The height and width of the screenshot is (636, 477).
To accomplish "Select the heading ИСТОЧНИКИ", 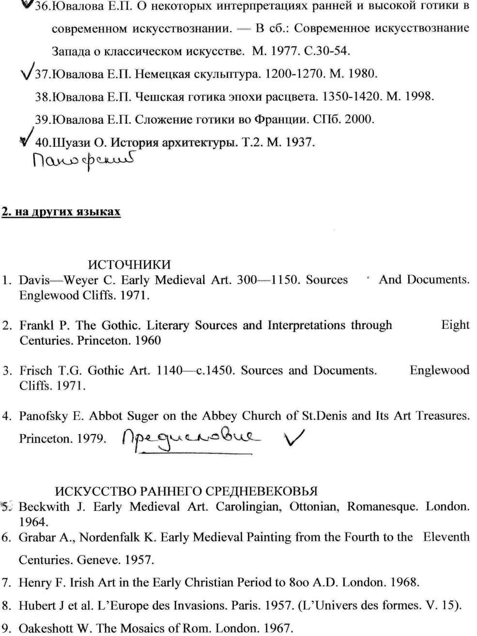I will tap(129, 264).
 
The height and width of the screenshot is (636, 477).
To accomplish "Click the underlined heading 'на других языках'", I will tap(62, 212).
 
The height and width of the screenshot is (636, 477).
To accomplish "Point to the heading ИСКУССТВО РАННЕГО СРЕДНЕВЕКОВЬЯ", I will tap(186, 491).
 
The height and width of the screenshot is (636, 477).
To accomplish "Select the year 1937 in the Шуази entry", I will tap(300, 142).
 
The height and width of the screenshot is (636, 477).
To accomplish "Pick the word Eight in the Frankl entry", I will tap(455, 325).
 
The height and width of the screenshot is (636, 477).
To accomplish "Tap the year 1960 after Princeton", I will tap(148, 341).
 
